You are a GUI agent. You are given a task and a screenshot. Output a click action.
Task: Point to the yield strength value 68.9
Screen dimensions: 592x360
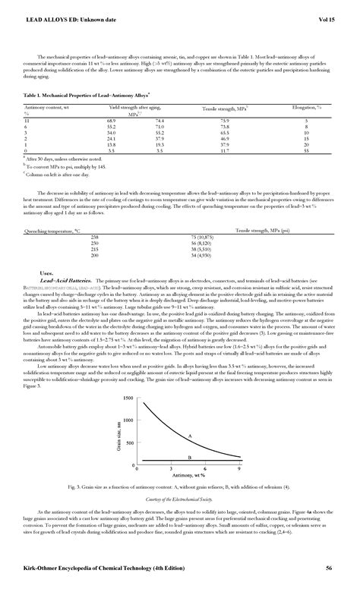click(112, 121)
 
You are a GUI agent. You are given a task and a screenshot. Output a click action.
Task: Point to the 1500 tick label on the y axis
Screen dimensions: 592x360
click(127, 398)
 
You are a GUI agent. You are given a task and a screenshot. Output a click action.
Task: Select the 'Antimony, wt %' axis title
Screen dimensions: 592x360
click(188, 477)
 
